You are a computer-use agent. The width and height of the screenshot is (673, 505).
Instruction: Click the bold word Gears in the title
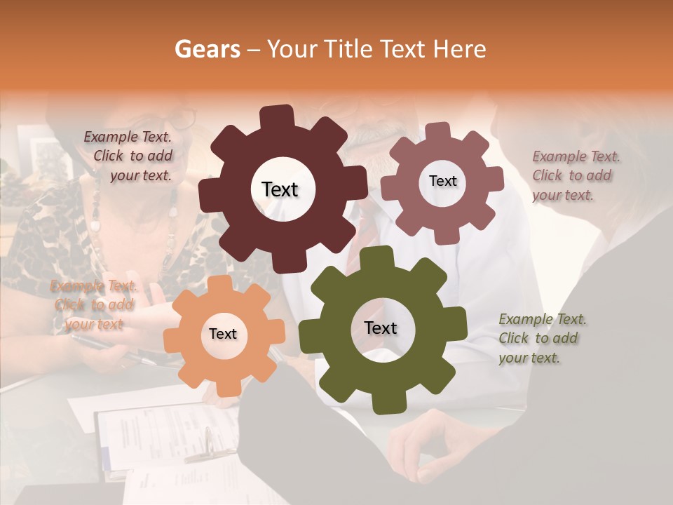pos(206,49)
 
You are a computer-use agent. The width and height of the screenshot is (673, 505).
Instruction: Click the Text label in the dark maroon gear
pos(280,189)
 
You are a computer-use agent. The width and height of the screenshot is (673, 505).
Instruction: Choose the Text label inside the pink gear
pos(442,181)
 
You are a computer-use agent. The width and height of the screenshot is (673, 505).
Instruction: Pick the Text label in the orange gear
pos(223,335)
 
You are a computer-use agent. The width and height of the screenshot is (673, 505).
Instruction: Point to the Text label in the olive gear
pos(381,328)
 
